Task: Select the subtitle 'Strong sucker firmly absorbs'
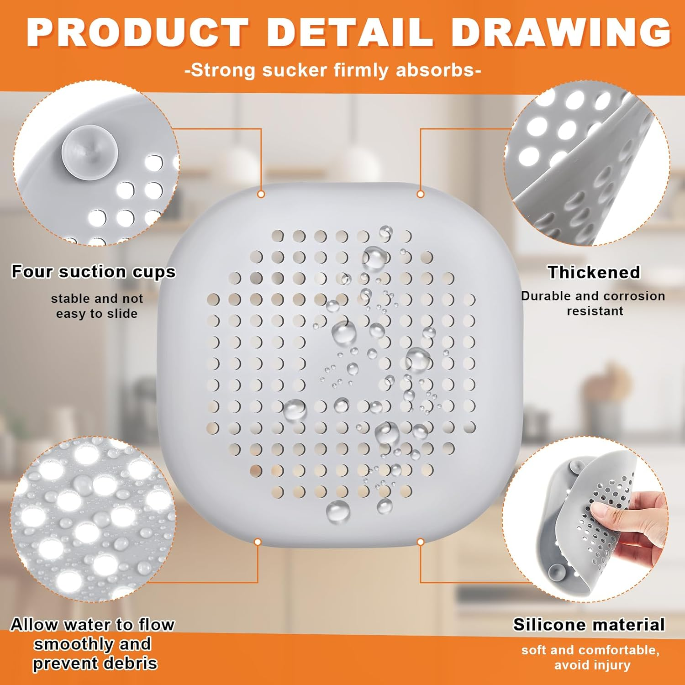[x=333, y=70]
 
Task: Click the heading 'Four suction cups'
[x=94, y=271]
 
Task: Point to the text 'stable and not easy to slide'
[x=97, y=306]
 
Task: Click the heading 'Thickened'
[x=594, y=272]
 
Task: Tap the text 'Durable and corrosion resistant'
[x=593, y=303]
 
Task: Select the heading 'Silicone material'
[x=589, y=624]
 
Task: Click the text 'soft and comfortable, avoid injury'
[x=591, y=657]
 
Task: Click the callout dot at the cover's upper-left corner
[x=261, y=194]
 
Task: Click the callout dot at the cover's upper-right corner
[x=421, y=194]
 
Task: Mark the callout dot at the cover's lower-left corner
[x=258, y=542]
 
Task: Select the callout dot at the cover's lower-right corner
[x=421, y=542]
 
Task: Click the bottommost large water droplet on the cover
[x=338, y=511]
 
